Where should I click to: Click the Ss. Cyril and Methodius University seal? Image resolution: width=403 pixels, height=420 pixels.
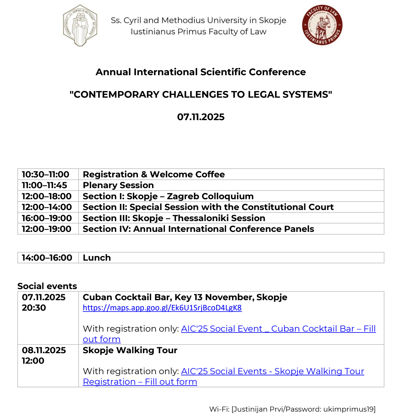tap(80, 25)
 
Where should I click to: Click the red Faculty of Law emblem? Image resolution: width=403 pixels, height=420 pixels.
tap(322, 25)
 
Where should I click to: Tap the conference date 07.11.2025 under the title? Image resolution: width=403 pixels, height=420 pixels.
tap(201, 117)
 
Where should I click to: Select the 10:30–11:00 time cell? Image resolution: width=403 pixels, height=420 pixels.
tap(46, 174)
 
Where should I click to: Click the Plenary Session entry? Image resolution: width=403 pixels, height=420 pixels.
tap(118, 185)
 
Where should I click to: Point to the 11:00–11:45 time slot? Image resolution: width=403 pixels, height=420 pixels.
tap(44, 185)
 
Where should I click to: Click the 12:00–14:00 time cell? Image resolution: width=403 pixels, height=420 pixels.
tap(47, 207)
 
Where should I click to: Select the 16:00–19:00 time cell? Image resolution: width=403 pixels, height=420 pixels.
tap(47, 218)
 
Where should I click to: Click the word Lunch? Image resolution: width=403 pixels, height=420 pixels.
tap(97, 258)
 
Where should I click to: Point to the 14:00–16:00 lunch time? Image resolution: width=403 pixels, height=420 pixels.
tap(47, 258)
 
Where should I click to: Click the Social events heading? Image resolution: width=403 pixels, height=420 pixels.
tap(47, 286)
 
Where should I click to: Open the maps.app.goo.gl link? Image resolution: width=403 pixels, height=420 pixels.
tap(162, 308)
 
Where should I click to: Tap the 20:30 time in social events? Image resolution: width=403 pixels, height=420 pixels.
tap(34, 308)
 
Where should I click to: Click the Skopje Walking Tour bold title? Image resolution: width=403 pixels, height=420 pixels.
tap(130, 350)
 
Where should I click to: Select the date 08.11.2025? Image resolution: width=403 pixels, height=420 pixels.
tap(44, 350)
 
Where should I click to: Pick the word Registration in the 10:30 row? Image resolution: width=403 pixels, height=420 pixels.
tap(110, 174)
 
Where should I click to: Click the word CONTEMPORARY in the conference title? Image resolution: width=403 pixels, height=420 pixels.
tap(116, 95)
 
